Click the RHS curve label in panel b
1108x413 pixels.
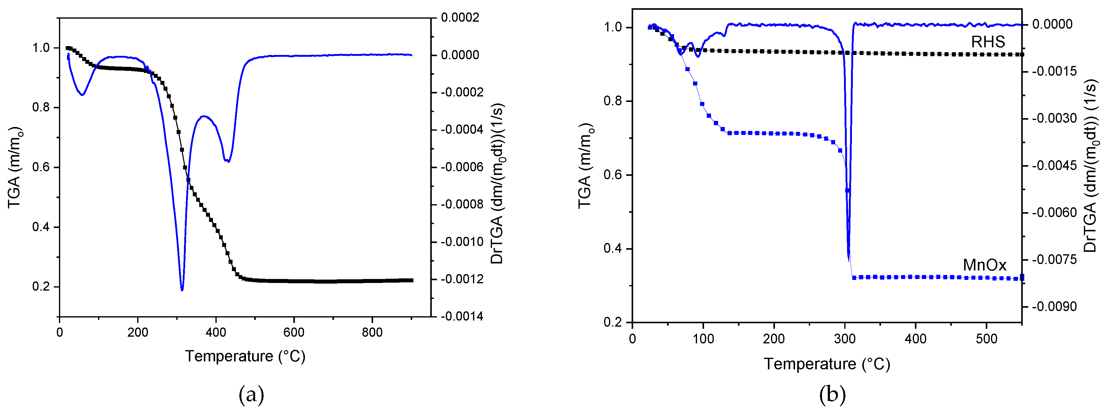[x=988, y=42]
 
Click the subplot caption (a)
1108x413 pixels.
[x=251, y=394]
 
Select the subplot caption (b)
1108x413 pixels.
[x=832, y=394]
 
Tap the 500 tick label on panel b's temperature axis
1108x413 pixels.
[x=986, y=339]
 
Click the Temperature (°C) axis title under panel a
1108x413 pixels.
[x=245, y=356]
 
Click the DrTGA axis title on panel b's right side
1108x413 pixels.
[x=1091, y=165]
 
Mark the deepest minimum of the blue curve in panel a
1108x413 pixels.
[x=182, y=290]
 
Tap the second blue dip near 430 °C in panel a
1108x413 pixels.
[x=228, y=161]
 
